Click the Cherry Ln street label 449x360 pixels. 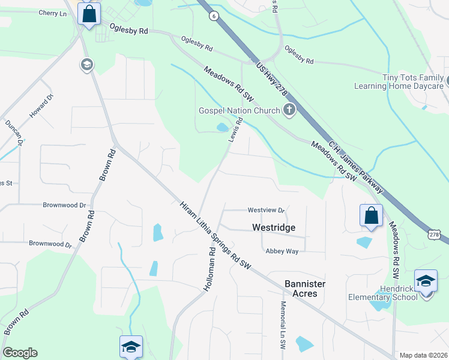coord(52,13)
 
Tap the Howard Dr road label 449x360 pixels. coord(42,106)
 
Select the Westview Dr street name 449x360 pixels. coord(265,210)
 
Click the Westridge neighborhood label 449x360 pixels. coord(273,228)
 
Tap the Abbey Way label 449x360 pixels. coord(282,251)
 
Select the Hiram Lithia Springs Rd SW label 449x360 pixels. coord(215,234)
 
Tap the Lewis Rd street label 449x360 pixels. coord(235,130)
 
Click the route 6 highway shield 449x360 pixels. coord(214,17)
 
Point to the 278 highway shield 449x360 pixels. coord(433,233)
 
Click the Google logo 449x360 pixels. coord(20,353)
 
